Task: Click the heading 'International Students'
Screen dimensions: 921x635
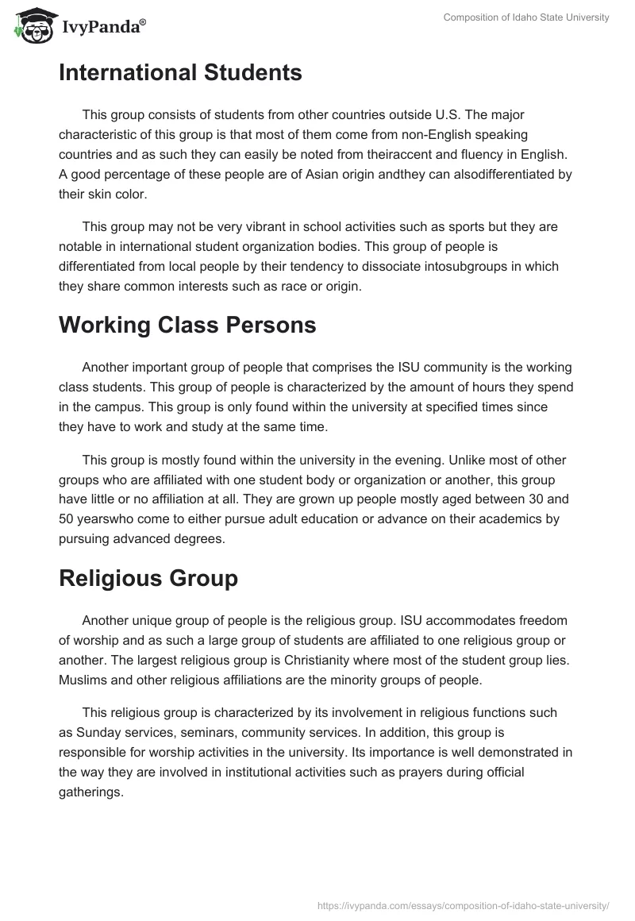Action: click(180, 73)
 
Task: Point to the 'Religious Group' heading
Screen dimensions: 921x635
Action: click(148, 578)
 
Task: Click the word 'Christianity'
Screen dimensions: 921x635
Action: click(256, 660)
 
